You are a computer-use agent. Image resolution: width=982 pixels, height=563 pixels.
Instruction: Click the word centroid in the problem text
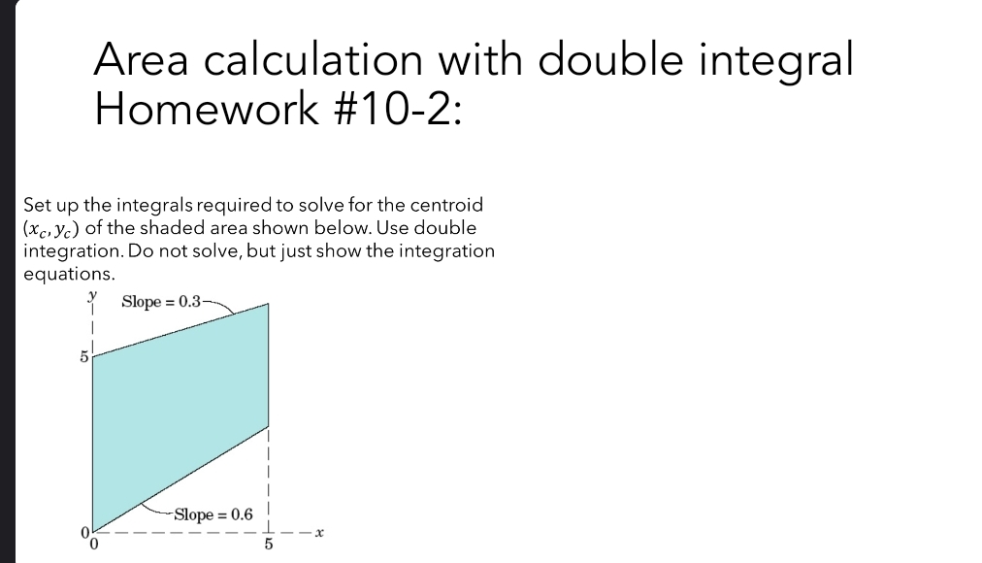[x=446, y=206]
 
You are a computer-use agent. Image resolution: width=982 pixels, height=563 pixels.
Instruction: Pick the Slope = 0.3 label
[x=161, y=301]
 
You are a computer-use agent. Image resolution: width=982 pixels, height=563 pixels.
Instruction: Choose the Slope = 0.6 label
[x=213, y=514]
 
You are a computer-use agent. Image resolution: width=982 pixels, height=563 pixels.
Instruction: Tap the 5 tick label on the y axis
[x=83, y=358]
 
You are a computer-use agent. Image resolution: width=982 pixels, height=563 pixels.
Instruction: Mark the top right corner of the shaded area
[x=268, y=305]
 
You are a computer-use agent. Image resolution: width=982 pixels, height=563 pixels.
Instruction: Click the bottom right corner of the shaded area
[x=268, y=424]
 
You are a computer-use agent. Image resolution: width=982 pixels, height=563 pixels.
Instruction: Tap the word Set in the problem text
[x=36, y=206]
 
